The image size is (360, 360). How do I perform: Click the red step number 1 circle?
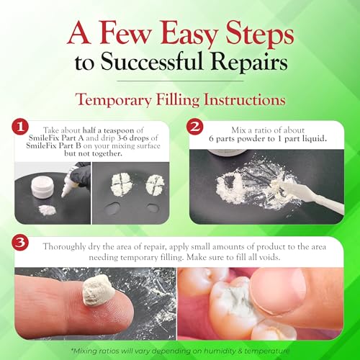20,127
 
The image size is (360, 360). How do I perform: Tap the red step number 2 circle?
195,127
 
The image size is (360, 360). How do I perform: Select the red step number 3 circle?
20,243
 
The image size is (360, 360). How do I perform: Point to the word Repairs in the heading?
250,63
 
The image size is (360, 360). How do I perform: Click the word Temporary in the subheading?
113,100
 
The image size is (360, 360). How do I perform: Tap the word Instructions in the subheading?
245,99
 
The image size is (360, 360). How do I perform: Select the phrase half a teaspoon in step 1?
108,130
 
